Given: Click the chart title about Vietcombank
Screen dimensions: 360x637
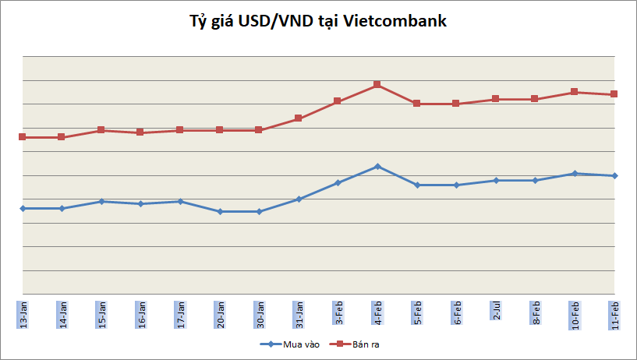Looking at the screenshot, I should [318, 22].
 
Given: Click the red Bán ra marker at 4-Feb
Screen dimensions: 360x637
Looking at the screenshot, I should [377, 84].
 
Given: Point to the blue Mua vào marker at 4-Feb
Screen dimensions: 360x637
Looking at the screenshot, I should [377, 166].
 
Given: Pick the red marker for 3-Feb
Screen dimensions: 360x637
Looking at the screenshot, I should [338, 101].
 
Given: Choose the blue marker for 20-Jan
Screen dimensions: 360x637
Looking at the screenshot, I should [220, 211].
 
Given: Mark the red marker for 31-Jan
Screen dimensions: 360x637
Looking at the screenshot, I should [299, 118].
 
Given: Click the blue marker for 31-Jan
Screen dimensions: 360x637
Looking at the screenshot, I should [299, 199].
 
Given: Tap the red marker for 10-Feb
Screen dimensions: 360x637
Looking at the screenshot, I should [575, 92].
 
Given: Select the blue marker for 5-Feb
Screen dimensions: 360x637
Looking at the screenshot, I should [417, 185].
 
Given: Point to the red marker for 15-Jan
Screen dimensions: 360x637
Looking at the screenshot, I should [101, 130].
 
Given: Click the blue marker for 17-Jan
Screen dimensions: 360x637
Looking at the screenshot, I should [180, 201].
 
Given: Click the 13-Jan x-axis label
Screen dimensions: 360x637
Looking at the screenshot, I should [23, 312].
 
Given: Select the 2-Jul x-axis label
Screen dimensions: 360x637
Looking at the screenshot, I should [496, 310].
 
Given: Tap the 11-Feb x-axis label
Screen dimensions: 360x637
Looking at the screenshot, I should [614, 313].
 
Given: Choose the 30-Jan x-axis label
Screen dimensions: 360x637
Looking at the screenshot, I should [259, 313].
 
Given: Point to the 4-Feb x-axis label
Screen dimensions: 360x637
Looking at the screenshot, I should [377, 312].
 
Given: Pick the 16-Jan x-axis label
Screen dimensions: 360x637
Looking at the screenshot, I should [141, 313].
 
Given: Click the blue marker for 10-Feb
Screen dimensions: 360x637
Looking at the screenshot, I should [575, 173].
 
